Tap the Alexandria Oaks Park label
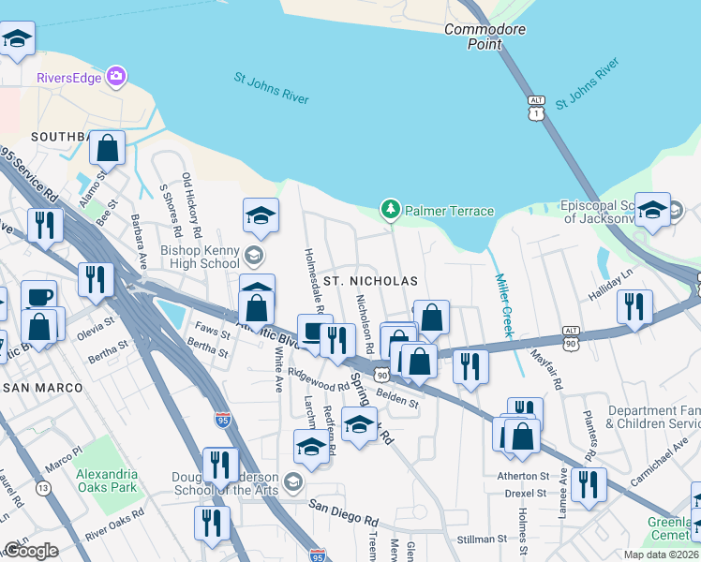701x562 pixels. [x=106, y=480]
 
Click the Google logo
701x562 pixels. [x=31, y=551]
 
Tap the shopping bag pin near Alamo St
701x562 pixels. [x=109, y=150]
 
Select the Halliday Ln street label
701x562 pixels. [x=614, y=282]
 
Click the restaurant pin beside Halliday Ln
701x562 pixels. [x=634, y=307]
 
